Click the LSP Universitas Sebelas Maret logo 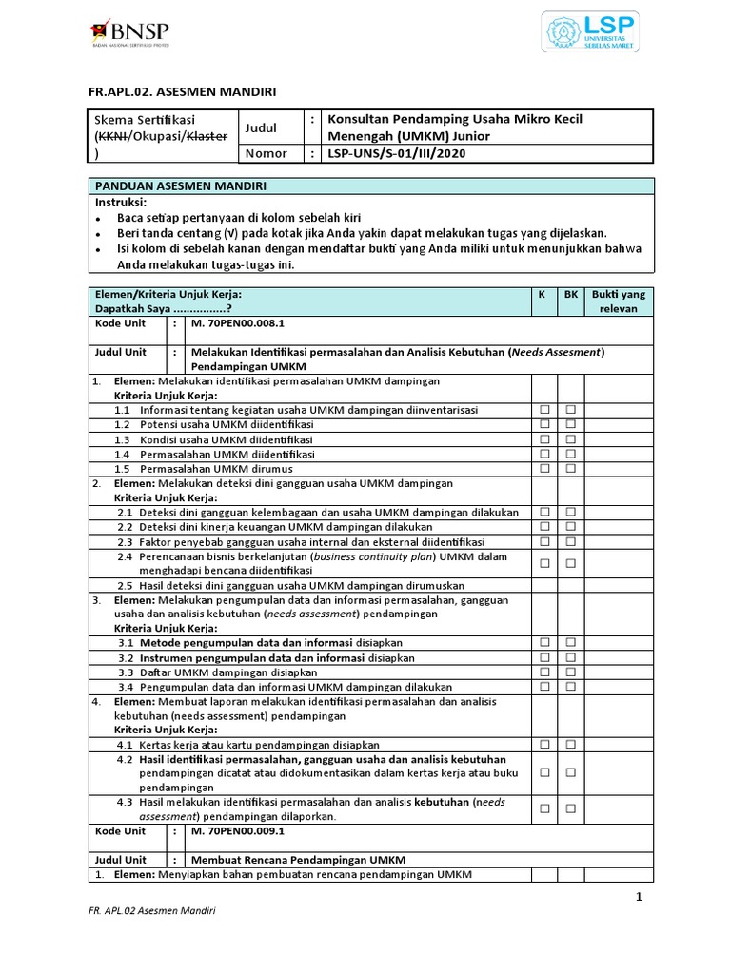(590, 31)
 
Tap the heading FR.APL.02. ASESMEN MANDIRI (181, 91)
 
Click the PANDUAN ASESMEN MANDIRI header (180, 185)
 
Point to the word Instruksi (121, 203)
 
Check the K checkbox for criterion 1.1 (545, 410)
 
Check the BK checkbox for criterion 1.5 (571, 469)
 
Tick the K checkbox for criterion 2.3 (545, 541)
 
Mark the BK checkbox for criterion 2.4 (571, 563)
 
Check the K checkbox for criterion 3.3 (545, 672)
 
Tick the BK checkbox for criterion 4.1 (571, 744)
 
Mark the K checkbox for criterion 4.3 (545, 808)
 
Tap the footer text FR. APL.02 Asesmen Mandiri (151, 911)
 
